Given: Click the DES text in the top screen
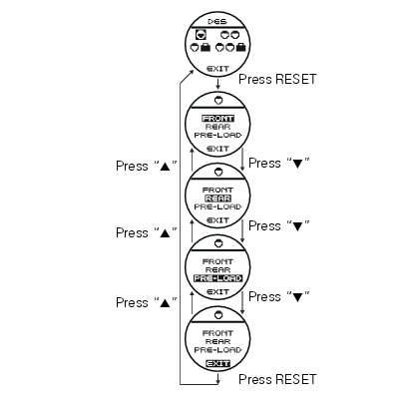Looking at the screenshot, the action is click(x=217, y=22).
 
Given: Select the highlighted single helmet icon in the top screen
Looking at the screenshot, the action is click(x=201, y=34).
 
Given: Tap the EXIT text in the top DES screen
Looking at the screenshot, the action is click(x=217, y=69).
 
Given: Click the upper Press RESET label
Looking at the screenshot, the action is click(x=277, y=79).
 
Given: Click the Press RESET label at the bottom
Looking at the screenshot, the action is click(x=277, y=379).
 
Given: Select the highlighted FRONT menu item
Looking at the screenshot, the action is click(x=217, y=119).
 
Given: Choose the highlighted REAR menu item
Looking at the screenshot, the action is click(x=217, y=199).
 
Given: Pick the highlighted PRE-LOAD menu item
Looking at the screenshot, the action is click(x=217, y=278).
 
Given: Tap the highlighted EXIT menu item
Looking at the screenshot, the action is click(x=217, y=363).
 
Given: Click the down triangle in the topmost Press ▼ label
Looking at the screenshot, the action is click(x=297, y=164).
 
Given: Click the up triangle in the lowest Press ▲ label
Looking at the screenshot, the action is click(x=165, y=302).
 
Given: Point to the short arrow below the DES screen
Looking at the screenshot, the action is click(x=217, y=84).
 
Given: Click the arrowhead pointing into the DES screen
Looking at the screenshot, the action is click(x=193, y=72).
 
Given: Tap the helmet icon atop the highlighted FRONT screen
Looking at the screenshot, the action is click(x=218, y=100).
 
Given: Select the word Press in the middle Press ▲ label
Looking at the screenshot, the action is click(x=132, y=232).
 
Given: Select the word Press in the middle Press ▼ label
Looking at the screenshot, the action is click(x=264, y=226).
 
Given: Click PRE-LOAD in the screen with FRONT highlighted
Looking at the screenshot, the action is click(x=217, y=136).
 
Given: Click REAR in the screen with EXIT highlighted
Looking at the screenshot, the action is click(x=217, y=341).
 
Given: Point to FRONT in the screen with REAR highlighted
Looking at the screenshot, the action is click(x=217, y=190).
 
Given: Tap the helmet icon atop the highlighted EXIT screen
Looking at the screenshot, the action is click(x=218, y=314).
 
